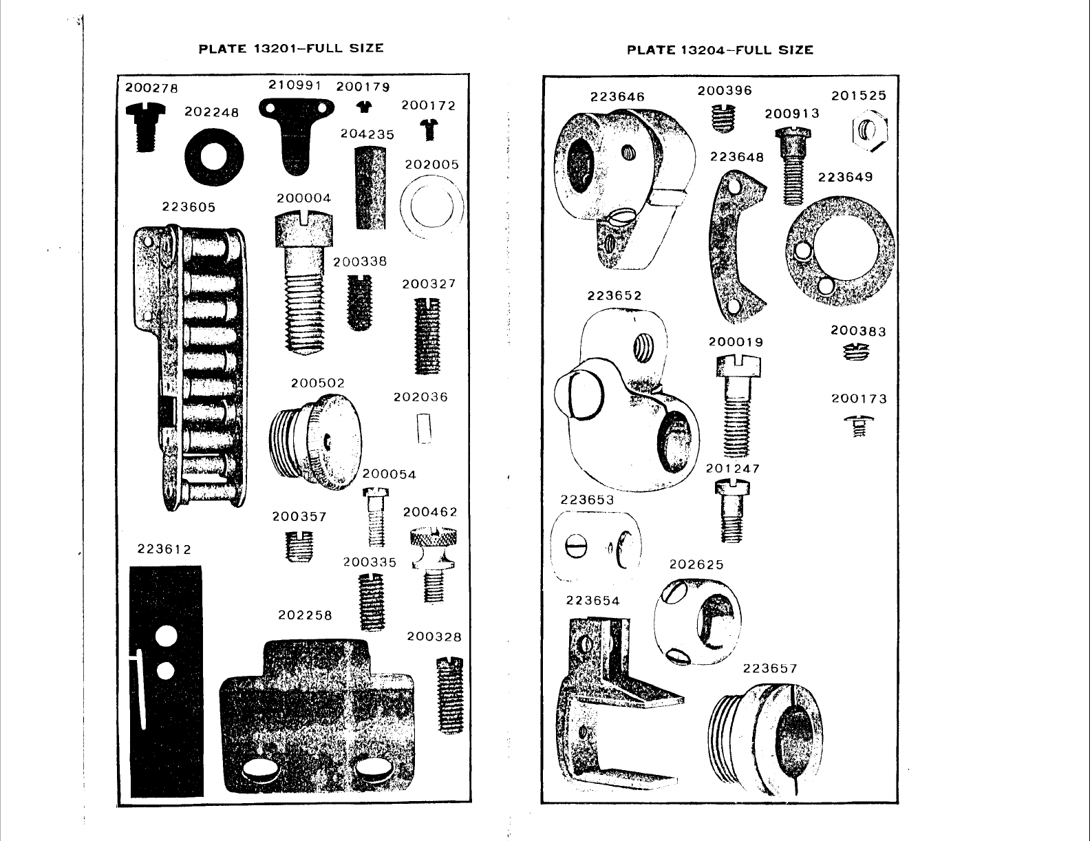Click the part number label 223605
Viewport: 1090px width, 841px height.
(x=189, y=207)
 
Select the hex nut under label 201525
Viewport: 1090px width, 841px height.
(x=870, y=129)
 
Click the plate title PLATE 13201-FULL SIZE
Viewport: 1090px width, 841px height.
(x=290, y=48)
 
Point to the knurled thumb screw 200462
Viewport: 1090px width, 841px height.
(x=433, y=563)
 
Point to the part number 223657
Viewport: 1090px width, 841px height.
(x=770, y=668)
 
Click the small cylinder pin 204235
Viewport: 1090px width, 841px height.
(x=370, y=187)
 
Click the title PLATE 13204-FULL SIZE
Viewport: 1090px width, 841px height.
(x=720, y=50)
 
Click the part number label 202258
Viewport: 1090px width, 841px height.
(x=305, y=615)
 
